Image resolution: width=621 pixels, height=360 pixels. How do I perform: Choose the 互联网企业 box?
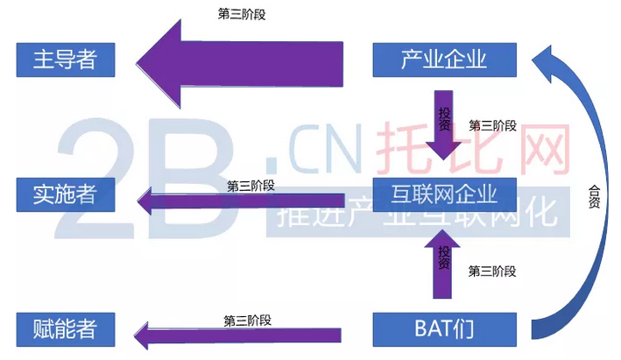(x=446, y=193)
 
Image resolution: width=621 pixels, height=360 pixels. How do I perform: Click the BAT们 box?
(x=444, y=329)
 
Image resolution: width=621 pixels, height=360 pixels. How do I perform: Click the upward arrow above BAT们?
(x=444, y=263)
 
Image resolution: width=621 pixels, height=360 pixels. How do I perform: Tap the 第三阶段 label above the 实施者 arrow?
(x=251, y=185)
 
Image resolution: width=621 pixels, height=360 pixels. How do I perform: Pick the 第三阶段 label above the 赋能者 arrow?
(x=248, y=319)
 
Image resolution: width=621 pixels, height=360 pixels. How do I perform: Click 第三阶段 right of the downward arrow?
(x=493, y=124)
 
